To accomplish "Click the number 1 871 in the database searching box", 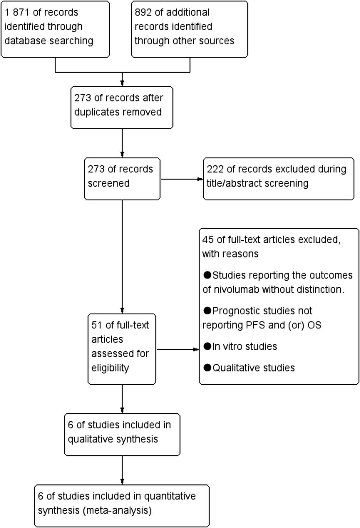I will pos(17,13).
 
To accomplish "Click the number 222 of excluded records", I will pos(215,169).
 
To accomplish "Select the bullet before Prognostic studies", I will pos(207,311).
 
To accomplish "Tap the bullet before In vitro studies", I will pos(207,346).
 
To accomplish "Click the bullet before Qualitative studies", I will pos(207,368).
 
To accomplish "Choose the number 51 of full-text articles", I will pos(96,325).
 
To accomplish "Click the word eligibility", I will pos(110,368).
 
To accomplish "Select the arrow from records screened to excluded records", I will pos(182,179).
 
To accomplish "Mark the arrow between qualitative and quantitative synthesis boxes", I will pos(122,470).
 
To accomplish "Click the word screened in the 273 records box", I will pos(109,183).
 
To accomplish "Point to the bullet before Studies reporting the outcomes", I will pos(207,275).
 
